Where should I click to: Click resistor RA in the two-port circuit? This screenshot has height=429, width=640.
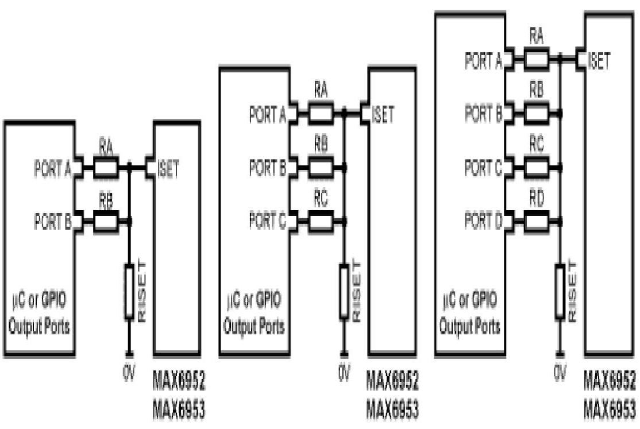coord(106,168)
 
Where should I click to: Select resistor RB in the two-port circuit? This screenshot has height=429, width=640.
coord(106,221)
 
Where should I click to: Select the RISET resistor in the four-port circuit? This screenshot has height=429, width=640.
coord(559,291)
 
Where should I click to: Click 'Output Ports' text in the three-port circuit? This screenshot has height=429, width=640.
coord(253,327)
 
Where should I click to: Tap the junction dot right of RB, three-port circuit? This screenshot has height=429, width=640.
coord(344,168)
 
